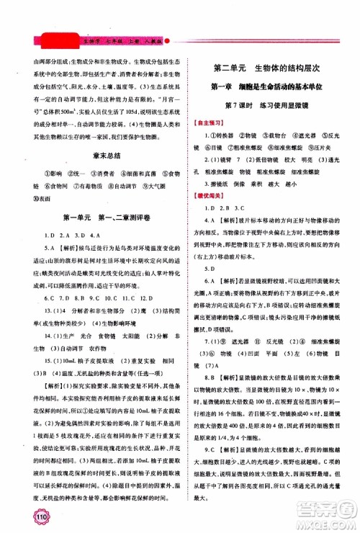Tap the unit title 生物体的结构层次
[x=292, y=69]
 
